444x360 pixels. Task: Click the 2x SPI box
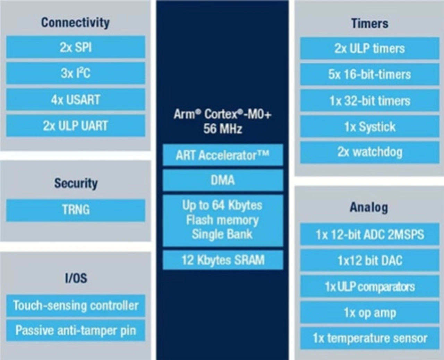[76, 47]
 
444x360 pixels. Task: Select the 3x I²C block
[76, 73]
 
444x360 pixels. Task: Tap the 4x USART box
[76, 100]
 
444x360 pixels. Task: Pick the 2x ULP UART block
[76, 126]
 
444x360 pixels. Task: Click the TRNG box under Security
[76, 210]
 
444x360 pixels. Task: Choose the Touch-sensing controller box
[76, 305]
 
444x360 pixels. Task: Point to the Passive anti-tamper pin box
[76, 330]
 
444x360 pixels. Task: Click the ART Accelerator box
[223, 155]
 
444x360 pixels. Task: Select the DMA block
[223, 180]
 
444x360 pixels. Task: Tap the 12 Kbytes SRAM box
[223, 260]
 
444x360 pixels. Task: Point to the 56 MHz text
[223, 129]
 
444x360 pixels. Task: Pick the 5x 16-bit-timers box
[370, 74]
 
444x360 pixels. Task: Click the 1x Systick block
[370, 127]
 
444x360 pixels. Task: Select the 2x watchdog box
[370, 152]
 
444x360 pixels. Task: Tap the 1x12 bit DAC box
[370, 260]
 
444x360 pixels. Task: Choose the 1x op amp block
[370, 313]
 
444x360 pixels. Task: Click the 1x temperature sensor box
[370, 338]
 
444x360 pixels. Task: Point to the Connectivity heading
[76, 23]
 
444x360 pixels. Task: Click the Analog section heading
[369, 207]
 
